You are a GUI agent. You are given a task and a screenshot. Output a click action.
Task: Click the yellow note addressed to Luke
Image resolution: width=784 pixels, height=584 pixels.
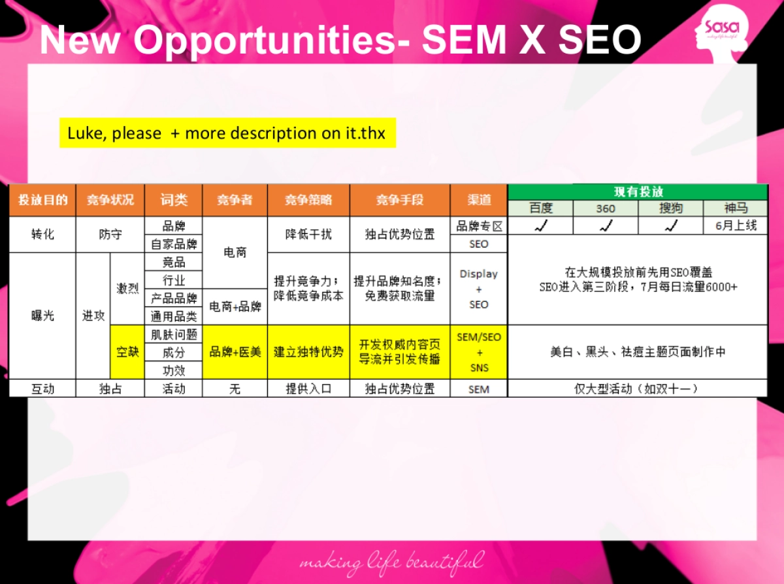[227, 133]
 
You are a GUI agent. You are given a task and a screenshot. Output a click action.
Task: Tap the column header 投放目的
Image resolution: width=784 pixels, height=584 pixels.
[42, 200]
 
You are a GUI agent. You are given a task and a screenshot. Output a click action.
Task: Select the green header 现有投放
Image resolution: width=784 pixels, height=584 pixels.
[638, 192]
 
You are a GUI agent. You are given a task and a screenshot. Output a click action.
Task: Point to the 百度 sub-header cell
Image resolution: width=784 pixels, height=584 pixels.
[540, 208]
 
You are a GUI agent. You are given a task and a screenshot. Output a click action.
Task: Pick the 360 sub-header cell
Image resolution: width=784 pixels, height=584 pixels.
[606, 208]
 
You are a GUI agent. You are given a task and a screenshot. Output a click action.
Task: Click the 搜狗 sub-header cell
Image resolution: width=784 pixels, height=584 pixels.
[671, 208]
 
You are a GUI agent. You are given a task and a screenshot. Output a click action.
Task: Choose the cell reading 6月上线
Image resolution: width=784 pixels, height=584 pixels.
[736, 226]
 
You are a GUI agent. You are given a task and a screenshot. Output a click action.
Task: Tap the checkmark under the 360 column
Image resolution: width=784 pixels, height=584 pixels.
[606, 226]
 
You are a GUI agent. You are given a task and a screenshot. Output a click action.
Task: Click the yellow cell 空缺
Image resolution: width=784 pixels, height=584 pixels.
[127, 352]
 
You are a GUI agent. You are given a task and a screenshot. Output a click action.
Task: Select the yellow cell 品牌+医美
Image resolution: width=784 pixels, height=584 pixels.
[235, 352]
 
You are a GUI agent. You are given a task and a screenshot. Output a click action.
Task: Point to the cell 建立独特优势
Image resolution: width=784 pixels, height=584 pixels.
[308, 352]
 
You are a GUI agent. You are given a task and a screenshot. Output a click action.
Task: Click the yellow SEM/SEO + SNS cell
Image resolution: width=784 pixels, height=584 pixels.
[479, 352]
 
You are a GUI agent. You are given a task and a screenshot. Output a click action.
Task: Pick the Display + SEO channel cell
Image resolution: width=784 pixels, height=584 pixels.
[479, 289]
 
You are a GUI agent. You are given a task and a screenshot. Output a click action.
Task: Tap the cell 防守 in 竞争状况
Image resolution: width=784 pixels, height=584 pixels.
[110, 235]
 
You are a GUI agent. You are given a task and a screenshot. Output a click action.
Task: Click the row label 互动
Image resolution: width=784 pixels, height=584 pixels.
[42, 389]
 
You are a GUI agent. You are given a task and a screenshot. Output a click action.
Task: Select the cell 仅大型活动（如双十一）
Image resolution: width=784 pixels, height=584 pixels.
[637, 389]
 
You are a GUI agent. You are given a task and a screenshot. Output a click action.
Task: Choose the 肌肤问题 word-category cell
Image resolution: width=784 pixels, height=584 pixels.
[174, 334]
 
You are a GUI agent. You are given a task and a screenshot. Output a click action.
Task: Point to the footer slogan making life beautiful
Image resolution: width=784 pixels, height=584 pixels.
[391, 562]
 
